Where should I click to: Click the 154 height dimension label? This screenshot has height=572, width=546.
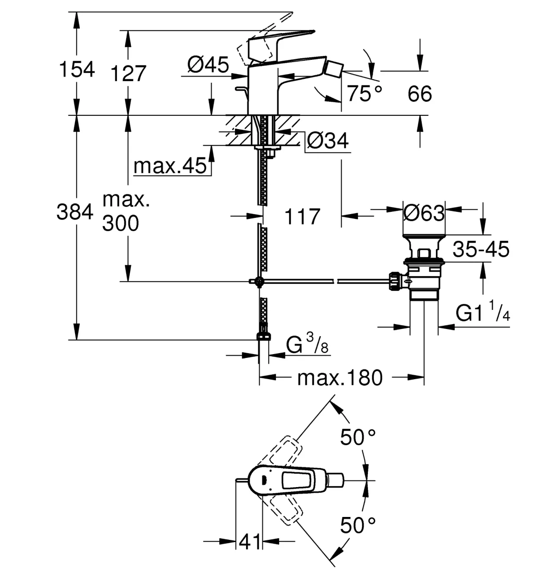(77, 69)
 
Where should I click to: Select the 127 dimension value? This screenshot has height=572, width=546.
(128, 74)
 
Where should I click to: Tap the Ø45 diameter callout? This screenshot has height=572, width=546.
(208, 65)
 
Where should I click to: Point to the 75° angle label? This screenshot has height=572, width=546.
(365, 94)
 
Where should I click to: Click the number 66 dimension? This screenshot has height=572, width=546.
(420, 94)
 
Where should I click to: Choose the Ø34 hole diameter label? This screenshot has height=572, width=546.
(328, 141)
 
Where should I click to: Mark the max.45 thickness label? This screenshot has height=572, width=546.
(170, 166)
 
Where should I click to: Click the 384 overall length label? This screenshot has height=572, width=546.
(75, 211)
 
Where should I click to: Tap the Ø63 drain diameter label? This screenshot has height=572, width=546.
(424, 213)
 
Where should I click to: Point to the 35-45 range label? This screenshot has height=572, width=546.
(481, 249)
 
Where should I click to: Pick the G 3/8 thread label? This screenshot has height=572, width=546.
(307, 344)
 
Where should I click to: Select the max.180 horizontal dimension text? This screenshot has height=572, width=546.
(340, 378)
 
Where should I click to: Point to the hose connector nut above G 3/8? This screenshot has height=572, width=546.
(263, 336)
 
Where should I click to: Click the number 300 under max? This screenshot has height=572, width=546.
(120, 223)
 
